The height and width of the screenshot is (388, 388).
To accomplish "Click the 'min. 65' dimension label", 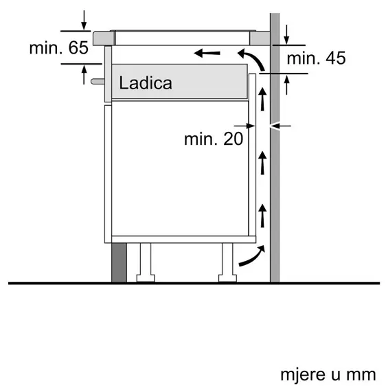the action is [x=58, y=47].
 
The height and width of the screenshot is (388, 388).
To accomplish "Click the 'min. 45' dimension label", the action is [x=316, y=58].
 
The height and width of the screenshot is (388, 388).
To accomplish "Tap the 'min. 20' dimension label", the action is [x=214, y=139].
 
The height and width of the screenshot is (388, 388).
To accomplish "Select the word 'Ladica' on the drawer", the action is [x=146, y=82].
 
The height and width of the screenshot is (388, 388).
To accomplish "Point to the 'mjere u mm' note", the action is [x=328, y=374].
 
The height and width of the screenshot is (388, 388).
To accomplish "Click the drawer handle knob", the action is [x=98, y=81].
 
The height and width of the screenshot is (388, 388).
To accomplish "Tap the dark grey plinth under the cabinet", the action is [x=119, y=262].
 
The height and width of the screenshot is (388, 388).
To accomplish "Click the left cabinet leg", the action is [x=146, y=262].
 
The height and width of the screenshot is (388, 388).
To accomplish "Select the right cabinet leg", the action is [x=227, y=262].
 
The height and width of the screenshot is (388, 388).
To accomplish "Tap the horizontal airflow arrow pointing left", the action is [x=207, y=53].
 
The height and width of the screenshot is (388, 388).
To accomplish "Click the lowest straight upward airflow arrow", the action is [x=262, y=216].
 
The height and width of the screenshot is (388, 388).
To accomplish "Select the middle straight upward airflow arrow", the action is [x=262, y=163].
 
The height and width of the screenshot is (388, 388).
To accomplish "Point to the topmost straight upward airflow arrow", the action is [x=262, y=99].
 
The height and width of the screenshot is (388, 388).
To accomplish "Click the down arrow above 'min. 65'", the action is [x=84, y=21].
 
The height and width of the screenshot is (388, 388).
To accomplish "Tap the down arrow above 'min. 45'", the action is [x=286, y=34].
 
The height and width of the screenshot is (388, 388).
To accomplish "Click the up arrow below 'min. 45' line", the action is [x=286, y=85].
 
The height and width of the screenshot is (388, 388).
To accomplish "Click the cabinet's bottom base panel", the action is [x=183, y=239].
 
